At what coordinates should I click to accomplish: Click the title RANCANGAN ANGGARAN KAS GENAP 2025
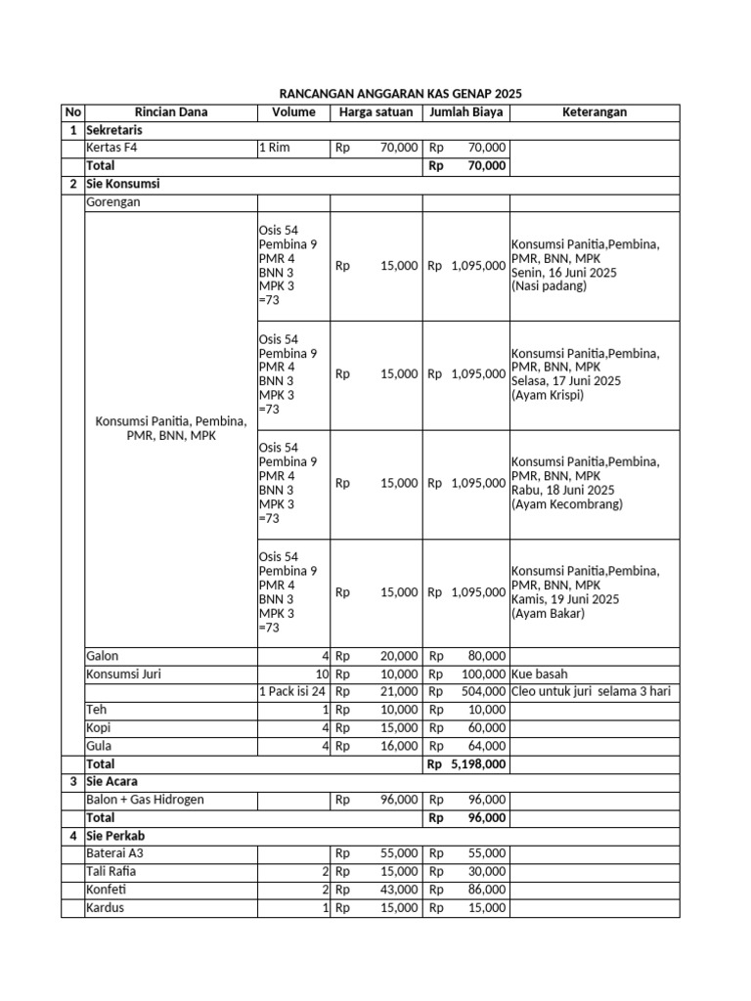pyautogui.click(x=395, y=94)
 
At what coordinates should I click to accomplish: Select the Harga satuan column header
pyautogui.click(x=375, y=112)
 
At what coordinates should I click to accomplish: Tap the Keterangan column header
pyautogui.click(x=594, y=112)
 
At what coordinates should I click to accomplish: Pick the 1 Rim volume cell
pyautogui.click(x=275, y=148)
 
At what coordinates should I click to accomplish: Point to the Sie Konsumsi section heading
pyautogui.click(x=122, y=184)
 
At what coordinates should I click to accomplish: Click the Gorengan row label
pyautogui.click(x=113, y=202)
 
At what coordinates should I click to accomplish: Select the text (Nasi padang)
pyautogui.click(x=549, y=286)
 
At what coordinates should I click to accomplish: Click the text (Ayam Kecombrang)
pyautogui.click(x=566, y=504)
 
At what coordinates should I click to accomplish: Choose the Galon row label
pyautogui.click(x=103, y=656)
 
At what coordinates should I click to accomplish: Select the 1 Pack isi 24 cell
pyautogui.click(x=291, y=692)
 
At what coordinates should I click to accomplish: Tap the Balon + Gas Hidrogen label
pyautogui.click(x=145, y=800)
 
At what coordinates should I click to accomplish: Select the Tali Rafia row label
pyautogui.click(x=111, y=871)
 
